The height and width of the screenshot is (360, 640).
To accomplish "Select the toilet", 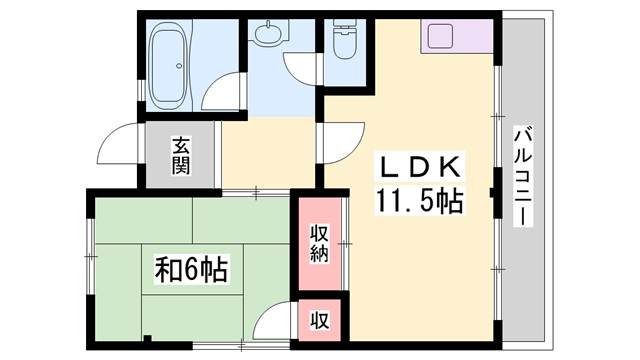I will (x=342, y=41).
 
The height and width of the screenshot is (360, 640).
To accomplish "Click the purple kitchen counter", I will (x=455, y=37).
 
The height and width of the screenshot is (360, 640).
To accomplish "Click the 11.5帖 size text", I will (x=419, y=202).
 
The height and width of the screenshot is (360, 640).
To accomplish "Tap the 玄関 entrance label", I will (x=181, y=155).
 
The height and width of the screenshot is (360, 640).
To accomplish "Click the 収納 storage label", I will (x=318, y=243).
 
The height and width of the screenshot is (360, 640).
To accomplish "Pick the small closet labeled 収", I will (x=319, y=321).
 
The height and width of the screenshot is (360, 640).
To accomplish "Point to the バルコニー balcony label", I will (x=523, y=176).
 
